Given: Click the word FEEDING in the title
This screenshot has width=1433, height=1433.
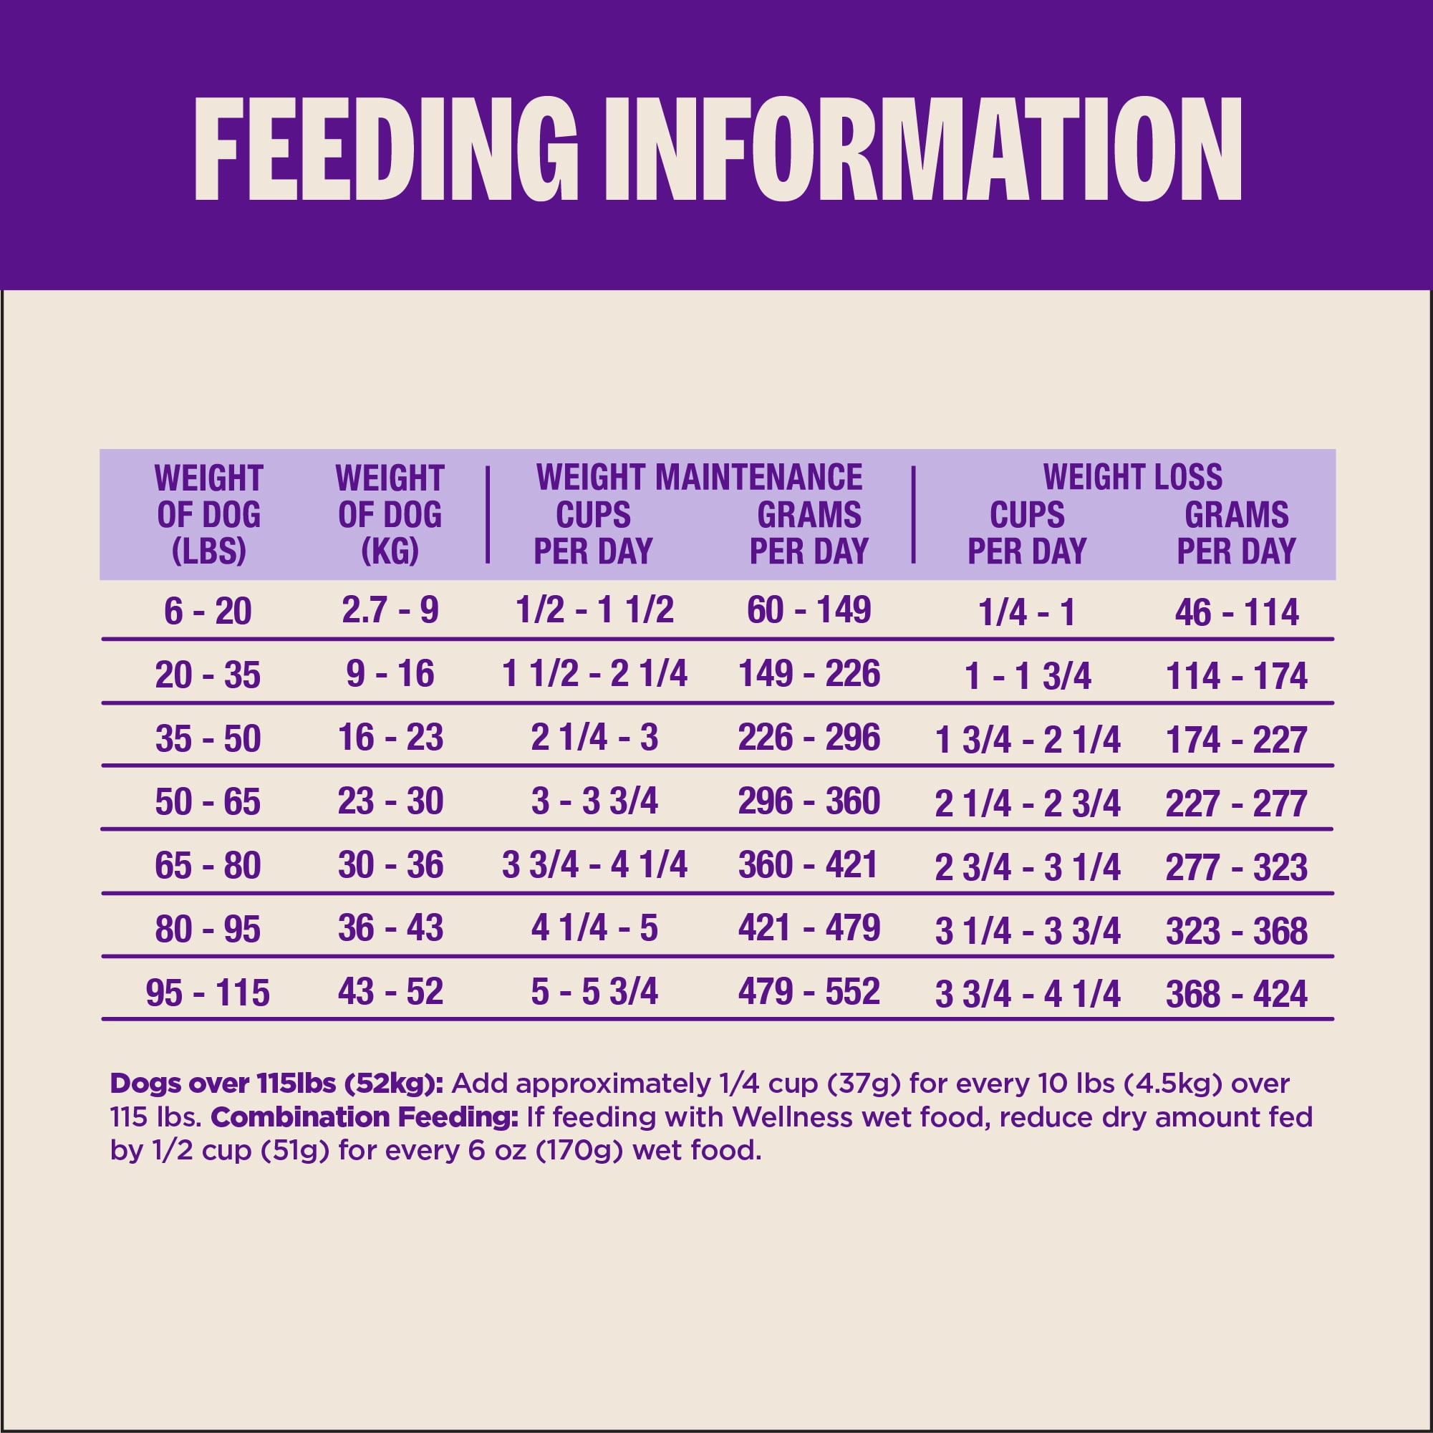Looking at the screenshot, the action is pos(386,149).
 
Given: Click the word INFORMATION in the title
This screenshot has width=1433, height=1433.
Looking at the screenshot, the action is pos(924,149).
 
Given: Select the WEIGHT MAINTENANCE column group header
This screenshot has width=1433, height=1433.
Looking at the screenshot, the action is pos(700,477).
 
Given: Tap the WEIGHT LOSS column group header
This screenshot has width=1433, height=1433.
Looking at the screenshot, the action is pos(1133,477).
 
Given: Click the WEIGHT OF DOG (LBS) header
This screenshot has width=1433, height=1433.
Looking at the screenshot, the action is pos(208,515).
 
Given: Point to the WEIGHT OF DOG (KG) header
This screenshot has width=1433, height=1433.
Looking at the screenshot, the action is pos(390,515).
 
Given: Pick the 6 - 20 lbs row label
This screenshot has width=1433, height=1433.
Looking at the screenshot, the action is pos(208,611).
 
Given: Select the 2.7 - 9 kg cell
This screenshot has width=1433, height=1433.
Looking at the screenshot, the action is pos(390,609).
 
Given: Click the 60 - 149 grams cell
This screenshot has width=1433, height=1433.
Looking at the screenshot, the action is pos(809,609).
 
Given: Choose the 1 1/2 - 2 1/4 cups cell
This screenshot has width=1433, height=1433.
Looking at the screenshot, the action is pos(595,673).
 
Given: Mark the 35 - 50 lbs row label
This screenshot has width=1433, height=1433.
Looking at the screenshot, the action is pos(208,739).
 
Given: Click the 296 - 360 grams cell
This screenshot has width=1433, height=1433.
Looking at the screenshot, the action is pos(809,801).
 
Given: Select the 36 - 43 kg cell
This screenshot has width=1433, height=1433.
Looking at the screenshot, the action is pos(390,928).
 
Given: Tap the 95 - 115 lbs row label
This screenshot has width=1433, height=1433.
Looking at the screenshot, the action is pos(208,993).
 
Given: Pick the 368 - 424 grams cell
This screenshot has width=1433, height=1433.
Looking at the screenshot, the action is pos(1237,994).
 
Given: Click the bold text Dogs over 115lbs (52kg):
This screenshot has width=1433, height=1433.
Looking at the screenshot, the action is pos(276,1084).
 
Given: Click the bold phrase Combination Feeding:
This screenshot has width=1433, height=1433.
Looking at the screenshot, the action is pos(365,1117).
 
